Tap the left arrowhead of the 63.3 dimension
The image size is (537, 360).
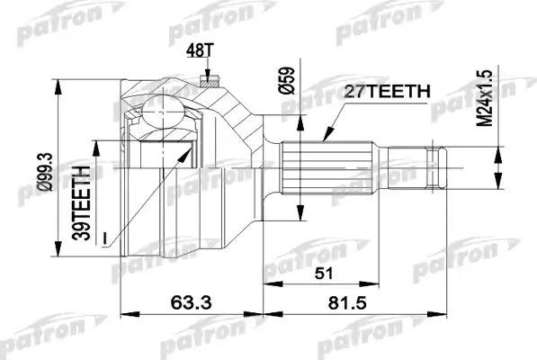124,315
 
